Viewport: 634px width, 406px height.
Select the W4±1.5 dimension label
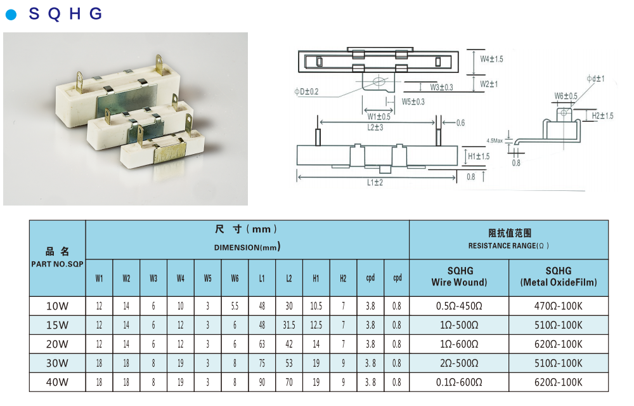pos(491,59)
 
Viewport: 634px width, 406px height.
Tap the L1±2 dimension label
pos(375,183)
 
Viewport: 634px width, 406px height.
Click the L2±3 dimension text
pos(375,128)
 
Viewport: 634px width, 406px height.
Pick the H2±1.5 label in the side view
pos(602,115)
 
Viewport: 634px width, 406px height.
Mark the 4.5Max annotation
pos(495,140)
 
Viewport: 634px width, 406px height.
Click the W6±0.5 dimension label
pos(566,96)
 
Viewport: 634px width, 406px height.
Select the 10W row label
pos(57,306)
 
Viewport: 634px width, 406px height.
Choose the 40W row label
pos(57,382)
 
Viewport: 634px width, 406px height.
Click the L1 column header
pos(262,278)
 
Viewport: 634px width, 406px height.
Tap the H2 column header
pos(343,278)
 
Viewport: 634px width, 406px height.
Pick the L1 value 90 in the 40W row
pos(262,382)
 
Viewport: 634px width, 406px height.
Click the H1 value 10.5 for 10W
pos(316,306)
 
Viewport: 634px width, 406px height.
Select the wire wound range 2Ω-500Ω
pos(459,363)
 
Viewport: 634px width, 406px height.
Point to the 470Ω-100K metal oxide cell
pos(558,306)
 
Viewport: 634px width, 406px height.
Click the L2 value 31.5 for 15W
pos(288,325)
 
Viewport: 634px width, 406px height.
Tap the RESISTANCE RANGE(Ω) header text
pos(508,246)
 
